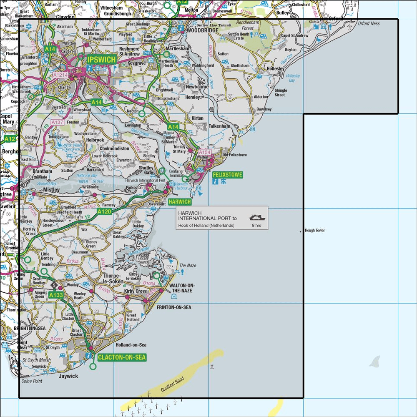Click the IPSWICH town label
101,60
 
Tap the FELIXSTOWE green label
227,174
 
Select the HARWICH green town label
180,202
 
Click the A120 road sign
104,212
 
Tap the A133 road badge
55,295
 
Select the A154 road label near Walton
204,153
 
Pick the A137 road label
58,122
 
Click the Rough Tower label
314,231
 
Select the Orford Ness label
369,24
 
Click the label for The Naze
187,266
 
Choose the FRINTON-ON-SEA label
173,307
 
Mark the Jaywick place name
68,376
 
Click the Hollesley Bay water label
293,78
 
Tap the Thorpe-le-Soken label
113,279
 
